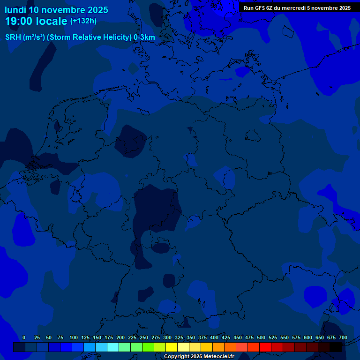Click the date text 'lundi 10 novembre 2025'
click(x=56, y=10)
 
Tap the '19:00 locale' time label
click(x=37, y=21)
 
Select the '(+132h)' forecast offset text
click(x=83, y=21)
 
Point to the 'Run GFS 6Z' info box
click(x=297, y=7)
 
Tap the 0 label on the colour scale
click(x=24, y=337)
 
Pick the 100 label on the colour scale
click(x=74, y=337)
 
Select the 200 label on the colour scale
click(x=120, y=337)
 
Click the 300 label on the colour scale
click(x=167, y=337)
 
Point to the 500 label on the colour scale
click(x=261, y=337)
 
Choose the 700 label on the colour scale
click(x=343, y=337)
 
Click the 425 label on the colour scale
click(x=226, y=337)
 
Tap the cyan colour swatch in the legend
click(x=112, y=347)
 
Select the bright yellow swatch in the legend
click(x=171, y=347)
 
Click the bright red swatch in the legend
click(x=265, y=347)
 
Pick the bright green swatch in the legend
click(x=148, y=347)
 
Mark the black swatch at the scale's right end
click(x=335, y=347)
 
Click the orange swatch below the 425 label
click(x=230, y=347)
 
